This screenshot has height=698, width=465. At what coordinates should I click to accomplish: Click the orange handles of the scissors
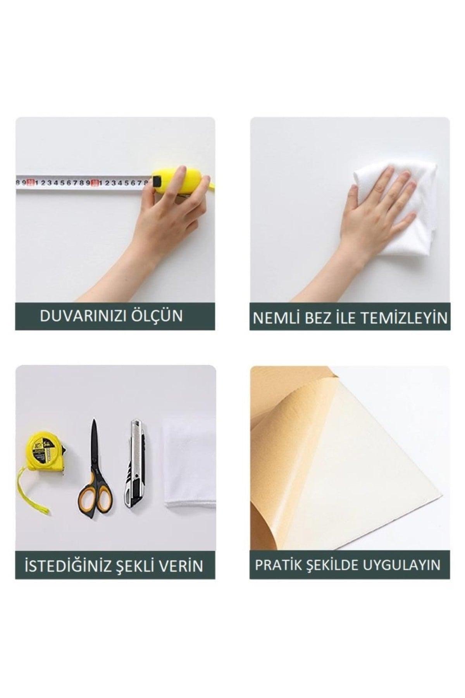click(x=95, y=492)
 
